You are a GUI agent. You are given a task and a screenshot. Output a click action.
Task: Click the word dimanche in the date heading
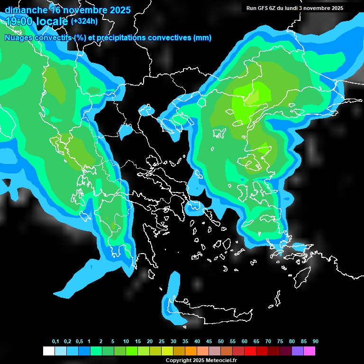click(26, 9)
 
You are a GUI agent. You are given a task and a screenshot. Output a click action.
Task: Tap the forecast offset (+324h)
click(84, 21)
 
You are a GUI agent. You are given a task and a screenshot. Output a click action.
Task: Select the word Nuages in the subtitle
click(18, 38)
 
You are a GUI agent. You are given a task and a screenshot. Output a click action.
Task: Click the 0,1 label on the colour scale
click(55, 342)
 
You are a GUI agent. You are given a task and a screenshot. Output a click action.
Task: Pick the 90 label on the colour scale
click(315, 342)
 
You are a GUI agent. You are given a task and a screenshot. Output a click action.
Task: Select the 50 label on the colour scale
click(221, 342)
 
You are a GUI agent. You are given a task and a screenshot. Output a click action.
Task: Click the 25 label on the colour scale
click(162, 342)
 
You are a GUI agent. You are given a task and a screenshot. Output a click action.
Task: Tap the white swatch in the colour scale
click(48, 351)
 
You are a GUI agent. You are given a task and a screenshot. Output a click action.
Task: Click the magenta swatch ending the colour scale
click(309, 351)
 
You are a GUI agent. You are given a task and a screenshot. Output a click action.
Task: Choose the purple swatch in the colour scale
click(297, 351)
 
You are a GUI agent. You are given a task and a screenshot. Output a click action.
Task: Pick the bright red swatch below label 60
click(250, 351)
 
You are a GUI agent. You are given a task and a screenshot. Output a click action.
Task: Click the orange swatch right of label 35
click(191, 351)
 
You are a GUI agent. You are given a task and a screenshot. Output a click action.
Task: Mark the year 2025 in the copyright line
click(198, 360)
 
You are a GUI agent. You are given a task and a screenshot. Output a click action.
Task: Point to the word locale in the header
click(53, 21)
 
